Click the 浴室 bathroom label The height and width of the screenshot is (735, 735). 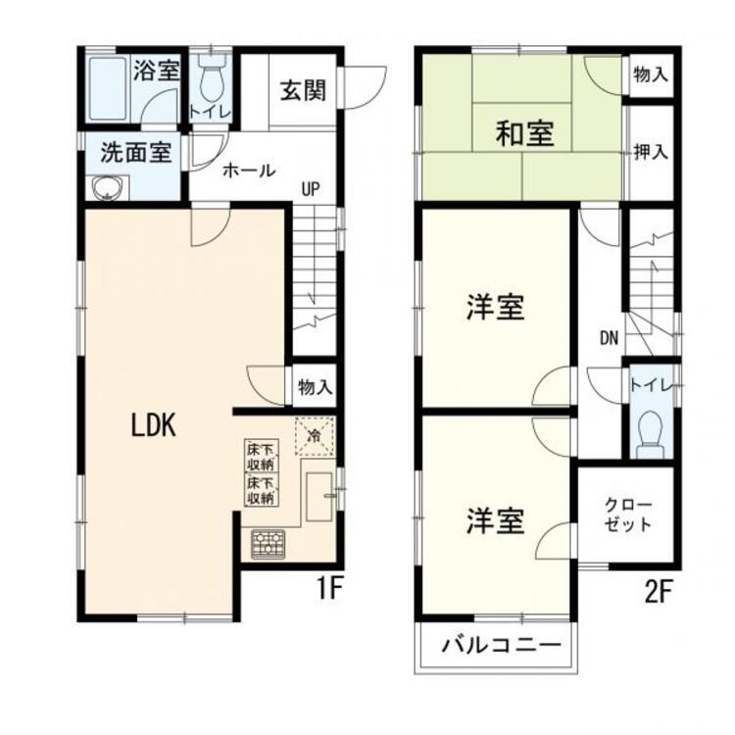point(157,71)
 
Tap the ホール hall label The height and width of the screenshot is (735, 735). point(249,170)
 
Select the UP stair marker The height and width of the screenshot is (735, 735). point(311,189)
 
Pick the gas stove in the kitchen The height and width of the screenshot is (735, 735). point(267,544)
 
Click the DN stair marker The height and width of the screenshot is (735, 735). point(609,338)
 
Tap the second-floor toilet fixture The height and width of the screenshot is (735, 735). point(650,429)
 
